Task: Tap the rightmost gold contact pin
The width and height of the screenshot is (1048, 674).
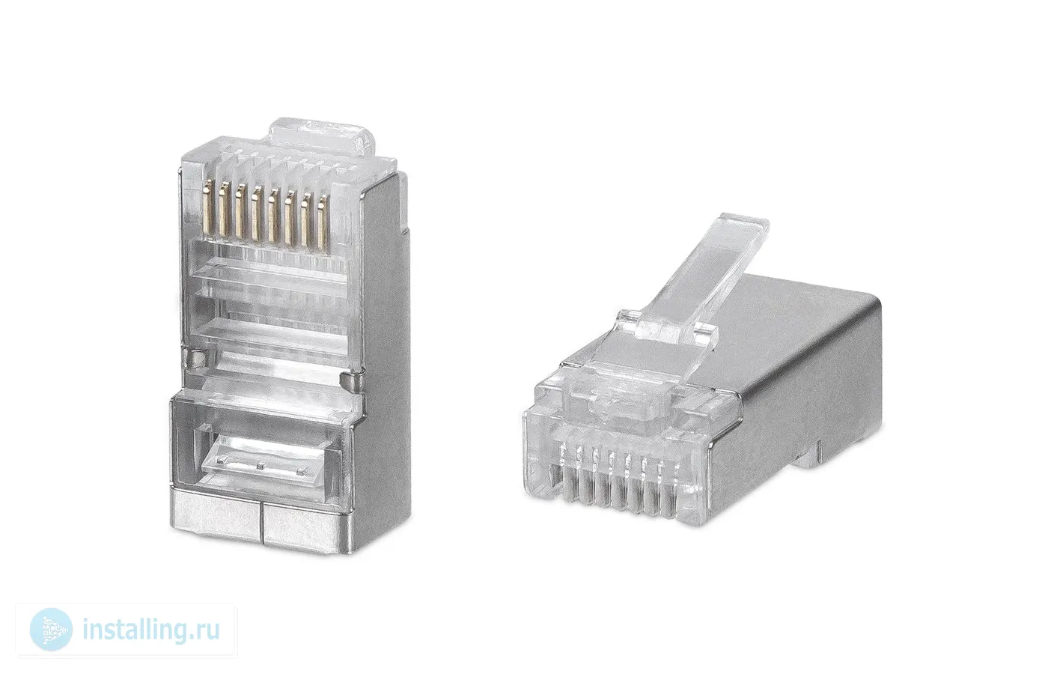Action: pyautogui.click(x=323, y=221)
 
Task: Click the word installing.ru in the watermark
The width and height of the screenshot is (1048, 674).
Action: pyautogui.click(x=151, y=630)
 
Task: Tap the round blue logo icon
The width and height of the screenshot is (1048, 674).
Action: pyautogui.click(x=51, y=630)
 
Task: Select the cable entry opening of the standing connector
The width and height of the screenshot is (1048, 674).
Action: pyautogui.click(x=262, y=454)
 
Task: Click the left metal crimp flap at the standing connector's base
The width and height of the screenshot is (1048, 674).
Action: pyautogui.click(x=216, y=520)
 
